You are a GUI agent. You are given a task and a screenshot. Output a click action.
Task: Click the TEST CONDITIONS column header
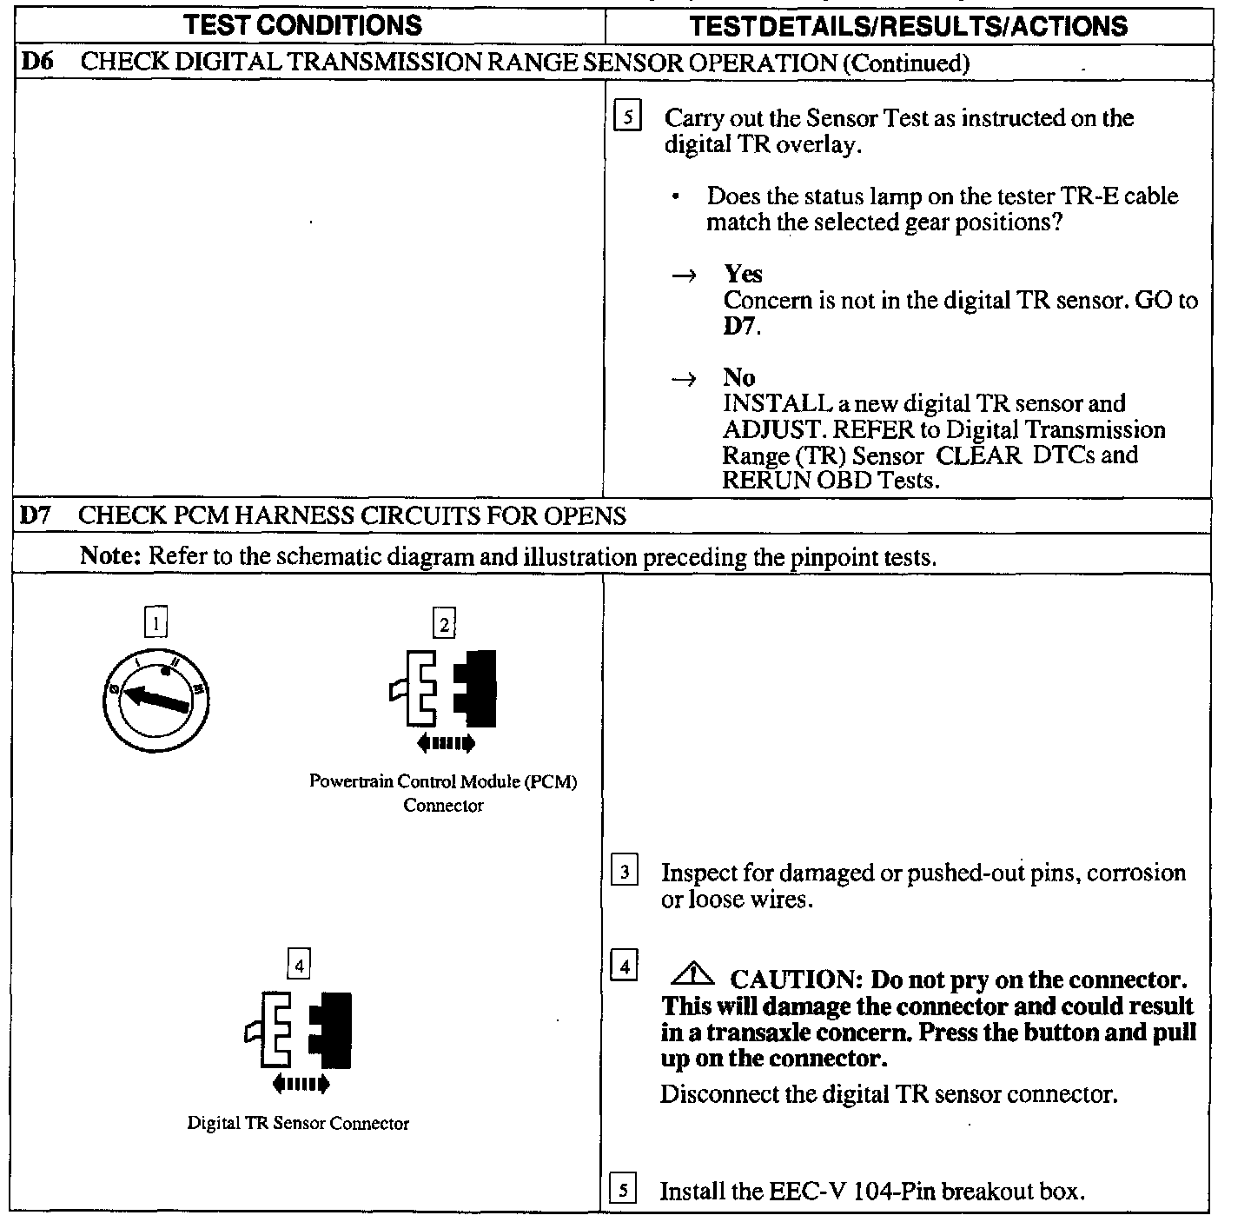302,25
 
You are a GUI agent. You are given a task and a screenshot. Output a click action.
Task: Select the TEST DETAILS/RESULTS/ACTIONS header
908,26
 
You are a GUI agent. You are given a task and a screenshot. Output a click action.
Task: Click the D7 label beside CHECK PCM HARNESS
36,515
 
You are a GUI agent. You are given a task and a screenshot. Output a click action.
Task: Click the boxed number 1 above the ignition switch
156,623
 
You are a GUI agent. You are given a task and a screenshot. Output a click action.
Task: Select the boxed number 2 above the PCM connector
444,624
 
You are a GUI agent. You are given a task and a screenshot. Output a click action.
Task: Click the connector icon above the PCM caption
444,688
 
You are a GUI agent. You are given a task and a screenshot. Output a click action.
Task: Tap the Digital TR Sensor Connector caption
298,1123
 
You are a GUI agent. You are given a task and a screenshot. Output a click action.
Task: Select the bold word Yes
743,274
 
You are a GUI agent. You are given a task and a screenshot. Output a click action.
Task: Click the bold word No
738,377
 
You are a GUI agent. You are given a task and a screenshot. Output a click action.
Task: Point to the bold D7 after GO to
741,327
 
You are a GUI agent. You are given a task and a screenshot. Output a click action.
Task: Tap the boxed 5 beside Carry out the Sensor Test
627,116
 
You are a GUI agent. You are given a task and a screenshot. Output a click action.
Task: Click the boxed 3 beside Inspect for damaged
625,870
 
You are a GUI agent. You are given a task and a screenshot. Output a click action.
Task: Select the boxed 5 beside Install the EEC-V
624,1188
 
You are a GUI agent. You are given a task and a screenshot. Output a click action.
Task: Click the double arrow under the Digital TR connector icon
301,1084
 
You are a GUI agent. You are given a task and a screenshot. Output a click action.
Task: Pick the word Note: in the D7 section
110,556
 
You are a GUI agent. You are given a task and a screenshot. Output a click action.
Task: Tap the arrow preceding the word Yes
684,276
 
